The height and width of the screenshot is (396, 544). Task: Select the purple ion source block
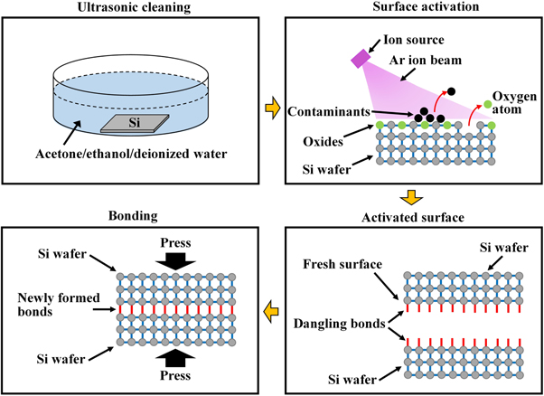click(x=361, y=58)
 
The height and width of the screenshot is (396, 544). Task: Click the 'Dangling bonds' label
click(x=338, y=322)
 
